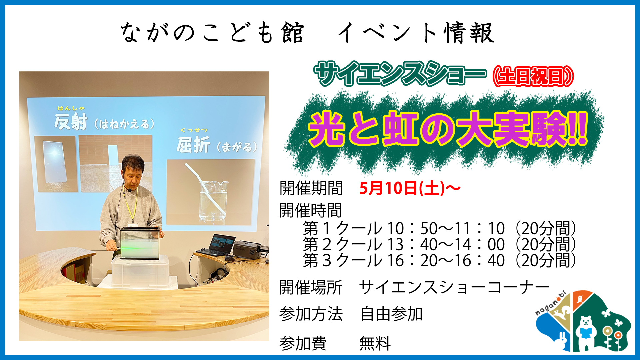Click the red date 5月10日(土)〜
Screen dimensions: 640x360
(x=410, y=188)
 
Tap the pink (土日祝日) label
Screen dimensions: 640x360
(x=533, y=76)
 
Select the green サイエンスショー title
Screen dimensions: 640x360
(x=400, y=73)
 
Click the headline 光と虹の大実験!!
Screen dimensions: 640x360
(x=448, y=129)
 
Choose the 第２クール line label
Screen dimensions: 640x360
(x=342, y=245)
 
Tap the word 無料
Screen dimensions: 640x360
(x=375, y=343)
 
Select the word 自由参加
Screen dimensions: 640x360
(x=391, y=314)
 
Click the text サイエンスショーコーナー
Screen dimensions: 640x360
(x=454, y=287)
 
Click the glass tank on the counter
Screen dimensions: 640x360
(x=140, y=244)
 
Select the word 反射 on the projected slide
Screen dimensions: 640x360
(x=71, y=122)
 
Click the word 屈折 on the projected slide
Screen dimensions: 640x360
(x=193, y=145)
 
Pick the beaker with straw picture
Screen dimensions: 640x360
(x=210, y=191)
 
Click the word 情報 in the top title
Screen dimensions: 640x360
(x=469, y=33)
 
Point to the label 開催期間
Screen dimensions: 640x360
(x=311, y=188)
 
